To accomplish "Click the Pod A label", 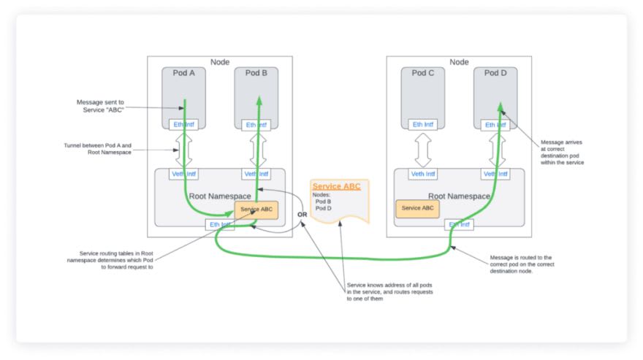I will [183, 73].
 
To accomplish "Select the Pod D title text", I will [495, 73].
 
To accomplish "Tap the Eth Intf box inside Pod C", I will [422, 125].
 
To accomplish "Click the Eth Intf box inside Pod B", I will [256, 125].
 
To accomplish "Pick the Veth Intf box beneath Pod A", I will [183, 174].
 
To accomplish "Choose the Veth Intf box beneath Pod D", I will [495, 174].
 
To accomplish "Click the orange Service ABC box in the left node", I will [256, 209].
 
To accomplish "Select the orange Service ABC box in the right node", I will [417, 208].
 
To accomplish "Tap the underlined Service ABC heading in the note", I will [337, 186].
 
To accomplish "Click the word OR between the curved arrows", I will [302, 215].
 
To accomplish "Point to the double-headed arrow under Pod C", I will [422, 150].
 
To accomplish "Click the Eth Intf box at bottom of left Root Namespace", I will [220, 224].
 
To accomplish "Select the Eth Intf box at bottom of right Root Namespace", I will [459, 224].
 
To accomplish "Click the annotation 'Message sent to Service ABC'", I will [101, 106].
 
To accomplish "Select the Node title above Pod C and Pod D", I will [459, 62].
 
